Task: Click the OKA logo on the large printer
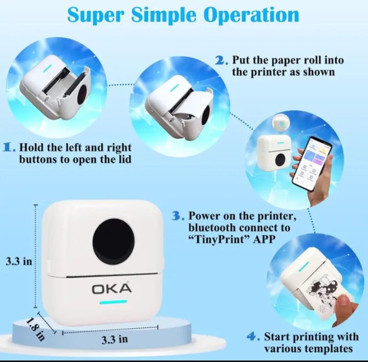112,288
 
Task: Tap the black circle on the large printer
113,241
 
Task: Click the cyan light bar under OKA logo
113,302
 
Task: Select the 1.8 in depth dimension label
35,329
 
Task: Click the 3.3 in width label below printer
115,339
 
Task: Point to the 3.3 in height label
19,261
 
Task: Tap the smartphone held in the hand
311,163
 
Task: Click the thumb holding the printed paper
344,303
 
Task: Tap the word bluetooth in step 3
213,227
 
